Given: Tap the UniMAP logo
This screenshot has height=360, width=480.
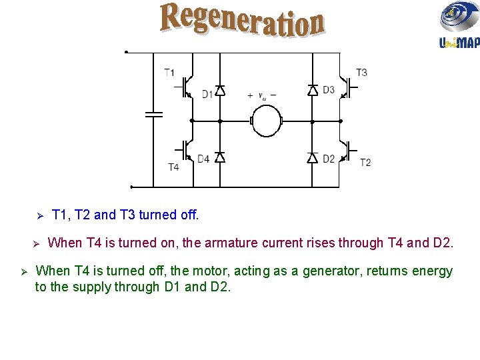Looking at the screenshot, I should (459, 26).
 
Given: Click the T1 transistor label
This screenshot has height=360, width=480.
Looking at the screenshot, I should (170, 73).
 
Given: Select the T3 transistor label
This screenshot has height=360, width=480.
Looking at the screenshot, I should (361, 73).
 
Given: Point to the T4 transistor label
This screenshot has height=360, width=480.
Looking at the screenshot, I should (173, 167).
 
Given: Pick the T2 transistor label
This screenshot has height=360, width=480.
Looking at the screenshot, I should (365, 162).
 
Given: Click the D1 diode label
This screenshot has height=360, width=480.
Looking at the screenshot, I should (207, 95).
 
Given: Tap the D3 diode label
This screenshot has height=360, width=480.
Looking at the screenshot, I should (328, 90).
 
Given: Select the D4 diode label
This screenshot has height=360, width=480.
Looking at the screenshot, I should (203, 159).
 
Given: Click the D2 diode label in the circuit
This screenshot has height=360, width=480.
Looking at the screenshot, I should (328, 159).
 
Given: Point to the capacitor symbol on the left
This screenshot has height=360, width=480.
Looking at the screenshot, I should (154, 114).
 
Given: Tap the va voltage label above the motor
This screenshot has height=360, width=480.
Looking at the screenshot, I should (263, 96).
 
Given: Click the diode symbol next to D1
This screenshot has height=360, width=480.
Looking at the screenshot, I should (220, 91).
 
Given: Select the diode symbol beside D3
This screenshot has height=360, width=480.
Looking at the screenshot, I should (313, 91).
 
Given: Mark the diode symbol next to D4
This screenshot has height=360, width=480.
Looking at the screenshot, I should (220, 157).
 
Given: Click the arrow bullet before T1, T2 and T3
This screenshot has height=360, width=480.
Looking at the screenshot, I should (39, 215).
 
